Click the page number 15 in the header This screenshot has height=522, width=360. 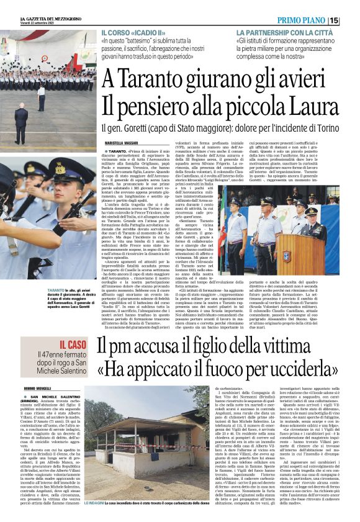[x=351, y=20]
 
